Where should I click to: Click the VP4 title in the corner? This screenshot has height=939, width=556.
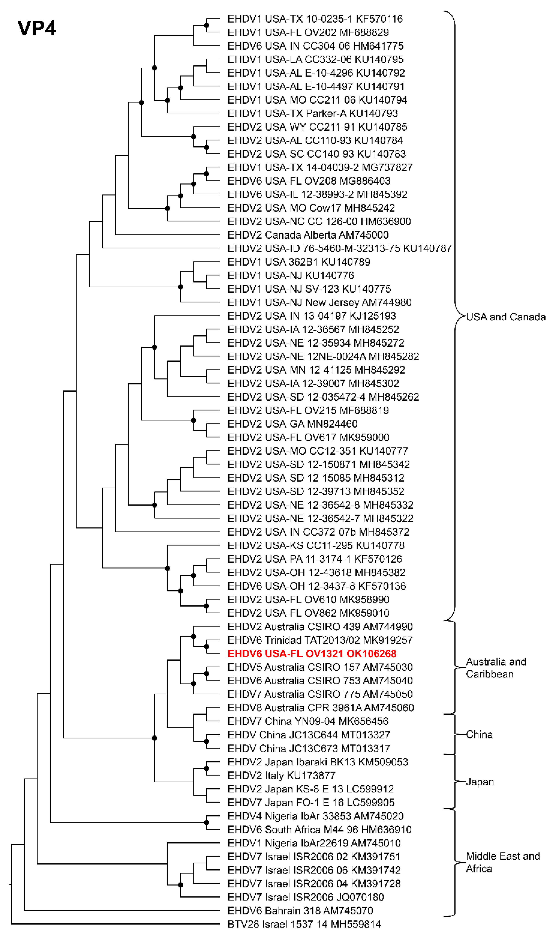click(x=37, y=28)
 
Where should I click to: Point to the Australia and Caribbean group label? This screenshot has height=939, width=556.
click(x=496, y=668)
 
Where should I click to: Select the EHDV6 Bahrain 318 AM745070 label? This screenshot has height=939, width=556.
click(x=300, y=911)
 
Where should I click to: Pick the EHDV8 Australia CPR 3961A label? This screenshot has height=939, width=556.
click(x=320, y=708)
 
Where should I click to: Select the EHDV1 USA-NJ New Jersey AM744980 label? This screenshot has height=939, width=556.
click(x=319, y=302)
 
